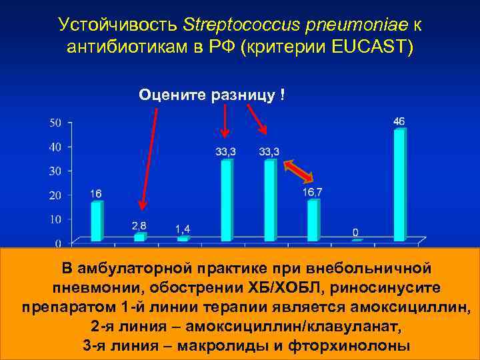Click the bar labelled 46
click(x=399, y=185)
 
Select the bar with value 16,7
click(x=313, y=219)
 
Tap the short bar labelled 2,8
click(x=139, y=237)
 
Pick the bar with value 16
click(x=97, y=221)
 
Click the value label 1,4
click(x=183, y=229)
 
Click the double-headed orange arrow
click(x=298, y=171)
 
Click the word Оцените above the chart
click(x=171, y=95)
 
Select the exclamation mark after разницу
click(x=284, y=95)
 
